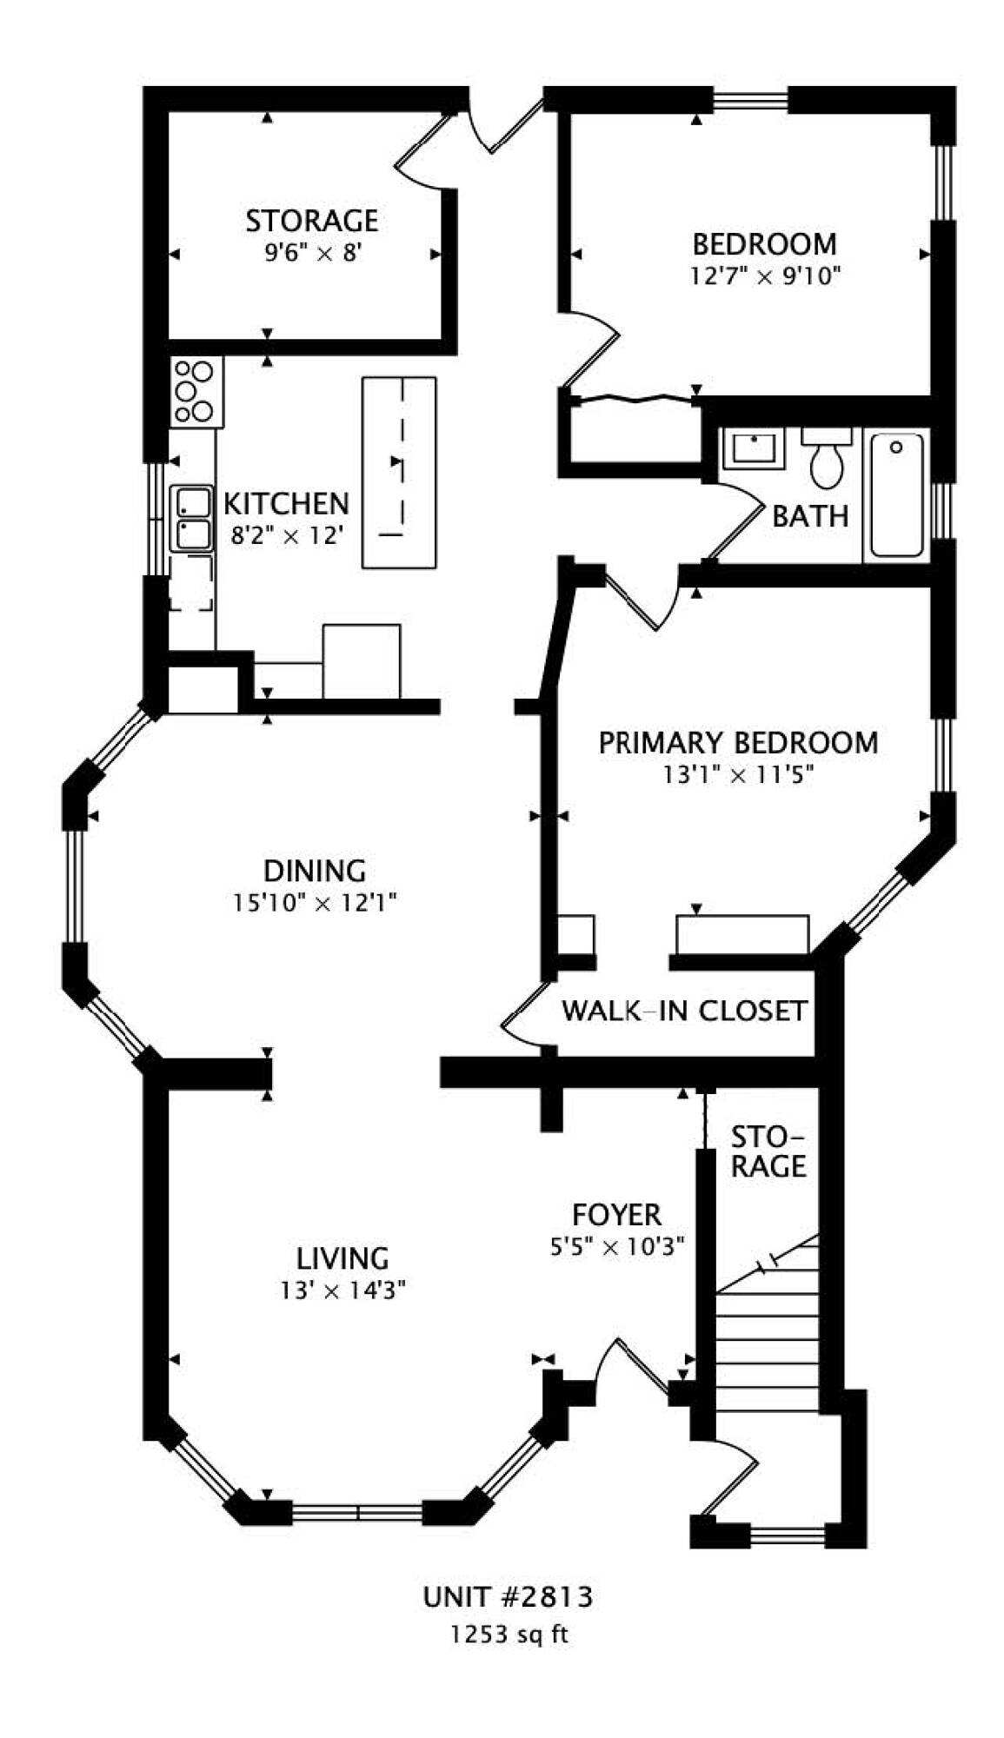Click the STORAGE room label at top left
coord(311,221)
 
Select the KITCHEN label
coord(286,503)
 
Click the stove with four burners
coord(196,392)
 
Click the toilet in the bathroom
coord(826,457)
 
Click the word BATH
coord(809,516)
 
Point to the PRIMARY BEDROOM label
coord(738,743)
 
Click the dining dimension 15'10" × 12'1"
coord(314,904)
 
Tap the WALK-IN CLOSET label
coord(684,1011)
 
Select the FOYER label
coord(616,1214)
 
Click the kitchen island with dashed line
coord(399,473)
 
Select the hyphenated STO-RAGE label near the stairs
coord(768,1151)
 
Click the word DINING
coord(314,870)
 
